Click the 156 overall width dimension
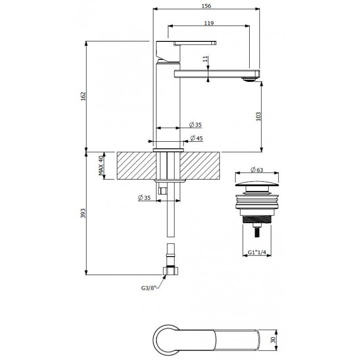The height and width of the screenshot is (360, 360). tap(206, 6)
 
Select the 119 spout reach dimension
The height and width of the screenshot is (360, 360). tap(209, 23)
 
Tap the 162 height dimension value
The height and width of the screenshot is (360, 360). tap(83, 96)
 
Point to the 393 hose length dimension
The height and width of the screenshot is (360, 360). tap(83, 213)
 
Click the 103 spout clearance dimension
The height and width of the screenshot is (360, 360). tap(258, 117)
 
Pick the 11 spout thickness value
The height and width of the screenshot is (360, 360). tap(205, 59)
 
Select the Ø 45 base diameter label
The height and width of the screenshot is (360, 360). tap(196, 138)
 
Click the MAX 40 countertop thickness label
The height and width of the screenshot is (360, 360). tap(101, 165)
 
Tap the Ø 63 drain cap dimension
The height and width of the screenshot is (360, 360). tap(256, 170)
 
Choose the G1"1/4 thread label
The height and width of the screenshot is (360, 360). tap(257, 252)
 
